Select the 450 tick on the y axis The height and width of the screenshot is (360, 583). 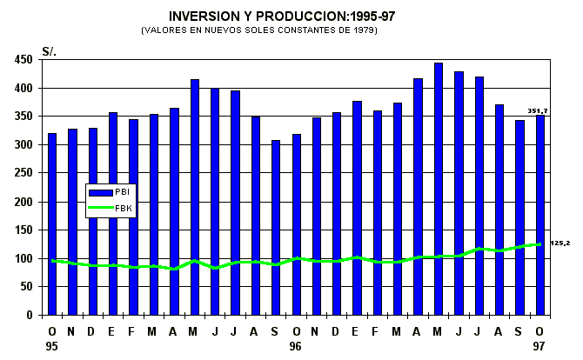pyautogui.click(x=23, y=60)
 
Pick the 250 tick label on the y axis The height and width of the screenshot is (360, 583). pyautogui.click(x=23, y=173)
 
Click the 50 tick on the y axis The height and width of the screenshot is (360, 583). pyautogui.click(x=27, y=286)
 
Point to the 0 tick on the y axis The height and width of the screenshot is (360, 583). pyautogui.click(x=30, y=315)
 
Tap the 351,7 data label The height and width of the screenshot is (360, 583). pyautogui.click(x=537, y=110)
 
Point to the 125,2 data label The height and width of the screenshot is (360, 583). pyautogui.click(x=560, y=243)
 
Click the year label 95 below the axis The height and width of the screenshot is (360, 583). pyautogui.click(x=52, y=346)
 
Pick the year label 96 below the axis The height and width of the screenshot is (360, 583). pyautogui.click(x=296, y=346)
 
